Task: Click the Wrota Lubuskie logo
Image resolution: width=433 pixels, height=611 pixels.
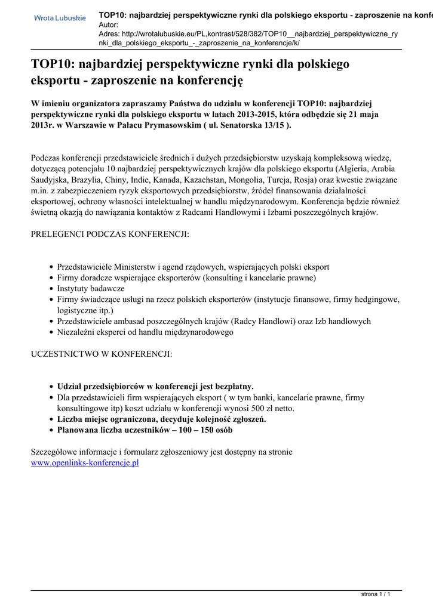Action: pos(60,18)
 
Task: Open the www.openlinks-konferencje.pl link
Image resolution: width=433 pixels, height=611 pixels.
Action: pos(85,462)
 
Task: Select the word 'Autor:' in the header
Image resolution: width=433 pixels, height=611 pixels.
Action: pos(109,24)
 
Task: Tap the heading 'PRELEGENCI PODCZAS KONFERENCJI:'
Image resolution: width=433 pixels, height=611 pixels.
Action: pos(110,234)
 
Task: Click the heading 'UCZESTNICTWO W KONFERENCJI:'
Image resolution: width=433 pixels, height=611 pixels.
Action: pos(102,354)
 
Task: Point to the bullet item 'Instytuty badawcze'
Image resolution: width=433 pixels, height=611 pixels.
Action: pos(91,288)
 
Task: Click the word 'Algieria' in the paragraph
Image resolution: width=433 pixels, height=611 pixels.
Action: pos(354,169)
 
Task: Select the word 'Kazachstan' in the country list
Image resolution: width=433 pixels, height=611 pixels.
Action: pos(225,180)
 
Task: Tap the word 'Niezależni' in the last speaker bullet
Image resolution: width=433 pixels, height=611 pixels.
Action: pos(77,332)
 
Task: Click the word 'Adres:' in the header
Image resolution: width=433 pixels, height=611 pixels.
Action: pos(110,34)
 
